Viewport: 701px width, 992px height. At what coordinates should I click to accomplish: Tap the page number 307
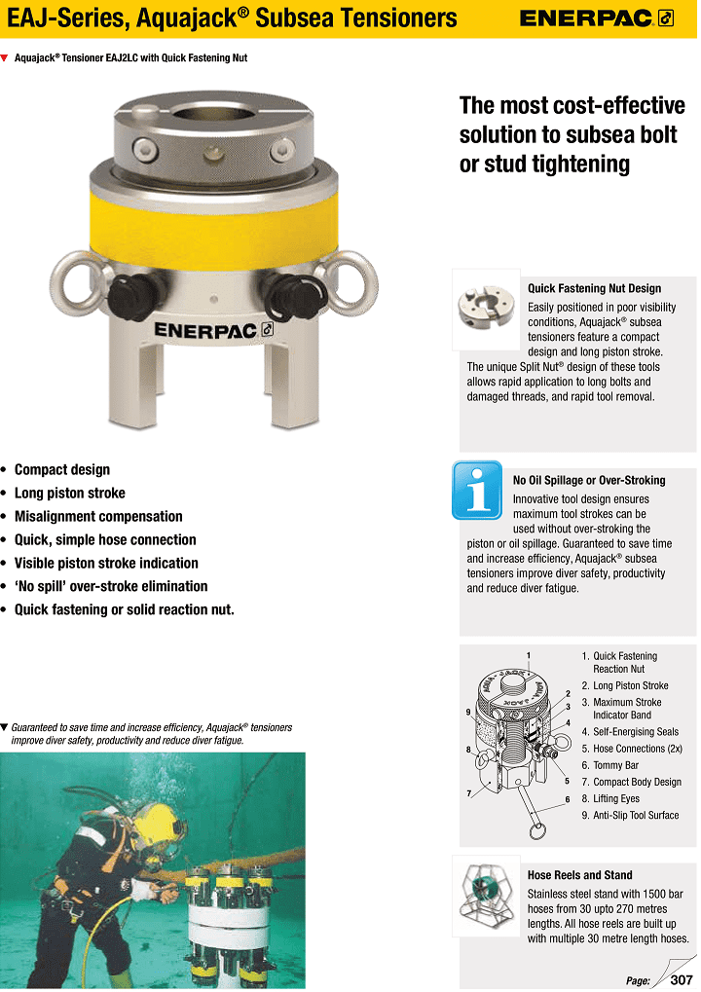pos(681,979)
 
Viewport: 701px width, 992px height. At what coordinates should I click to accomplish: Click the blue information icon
pos(477,491)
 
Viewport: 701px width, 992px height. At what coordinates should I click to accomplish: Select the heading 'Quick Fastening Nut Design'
pos(594,288)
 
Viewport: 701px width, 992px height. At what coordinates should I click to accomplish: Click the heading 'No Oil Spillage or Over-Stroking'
pos(589,480)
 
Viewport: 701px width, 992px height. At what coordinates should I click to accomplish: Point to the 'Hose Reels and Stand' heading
pos(579,875)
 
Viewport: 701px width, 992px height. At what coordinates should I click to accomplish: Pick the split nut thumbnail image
pos(483,309)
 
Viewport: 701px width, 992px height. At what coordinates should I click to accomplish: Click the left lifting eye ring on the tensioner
pos(75,282)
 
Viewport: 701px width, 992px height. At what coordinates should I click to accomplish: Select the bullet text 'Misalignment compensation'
pos(98,516)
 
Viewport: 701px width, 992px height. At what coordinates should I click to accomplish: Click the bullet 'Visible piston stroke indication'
pos(106,563)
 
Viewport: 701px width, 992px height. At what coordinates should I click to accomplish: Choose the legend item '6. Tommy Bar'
pos(616,765)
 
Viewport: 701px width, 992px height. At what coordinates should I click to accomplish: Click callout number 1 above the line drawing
pos(527,653)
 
